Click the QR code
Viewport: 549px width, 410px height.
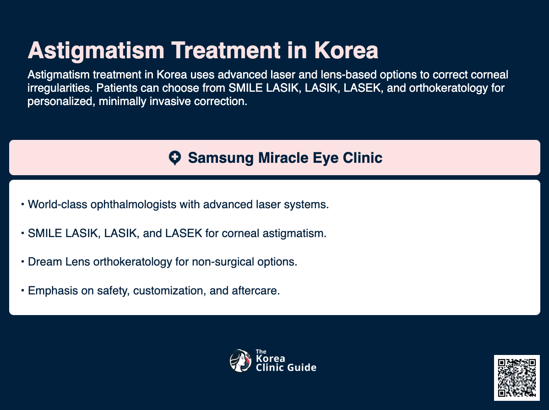[517, 377]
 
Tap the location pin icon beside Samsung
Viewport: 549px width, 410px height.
[175, 158]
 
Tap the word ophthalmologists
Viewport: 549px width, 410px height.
[142, 205]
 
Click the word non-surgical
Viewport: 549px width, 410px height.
[230, 262]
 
